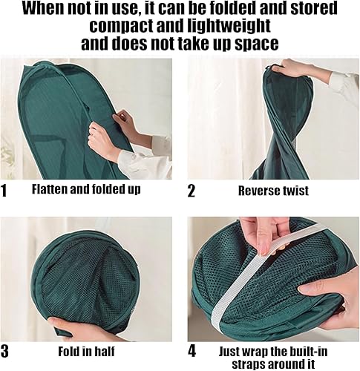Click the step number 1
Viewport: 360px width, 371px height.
4,191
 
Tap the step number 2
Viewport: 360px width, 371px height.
192,191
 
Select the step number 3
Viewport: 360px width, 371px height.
4,351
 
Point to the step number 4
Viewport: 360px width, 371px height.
192,351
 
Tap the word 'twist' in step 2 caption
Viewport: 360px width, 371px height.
296,191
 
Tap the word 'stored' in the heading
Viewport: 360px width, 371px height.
314,8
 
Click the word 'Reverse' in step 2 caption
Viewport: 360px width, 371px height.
259,191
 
